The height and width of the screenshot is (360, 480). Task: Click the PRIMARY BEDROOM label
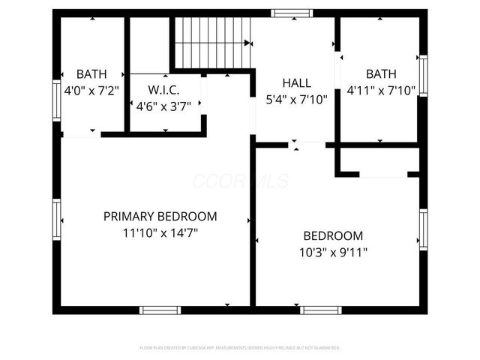(160, 217)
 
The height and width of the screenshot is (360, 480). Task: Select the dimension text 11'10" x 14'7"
(160, 232)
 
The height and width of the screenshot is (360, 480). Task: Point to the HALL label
(296, 82)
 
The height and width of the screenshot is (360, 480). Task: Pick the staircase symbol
(212, 43)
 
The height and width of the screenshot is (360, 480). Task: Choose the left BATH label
(91, 74)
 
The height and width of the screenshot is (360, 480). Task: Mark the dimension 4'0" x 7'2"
(91, 90)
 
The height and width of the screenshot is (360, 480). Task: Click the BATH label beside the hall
(381, 74)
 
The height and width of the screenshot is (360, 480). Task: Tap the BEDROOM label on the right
(332, 235)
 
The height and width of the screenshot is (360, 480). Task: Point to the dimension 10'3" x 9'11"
(332, 252)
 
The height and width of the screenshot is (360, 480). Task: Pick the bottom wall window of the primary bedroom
(160, 310)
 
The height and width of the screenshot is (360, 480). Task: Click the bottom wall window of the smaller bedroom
(321, 310)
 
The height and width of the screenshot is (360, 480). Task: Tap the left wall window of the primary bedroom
(56, 220)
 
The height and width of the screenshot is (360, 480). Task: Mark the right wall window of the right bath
(423, 76)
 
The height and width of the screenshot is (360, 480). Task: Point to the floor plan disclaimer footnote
(240, 348)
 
